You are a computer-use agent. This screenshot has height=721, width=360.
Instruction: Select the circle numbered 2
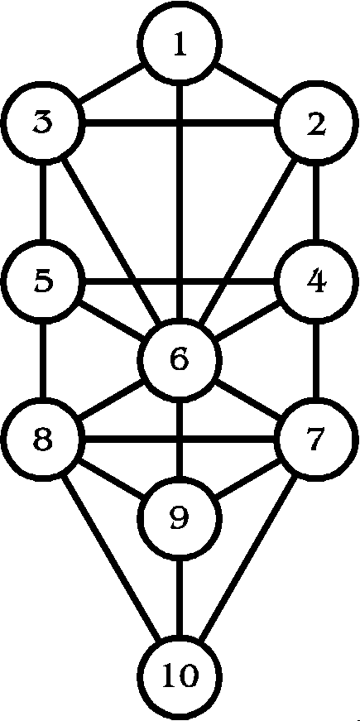(x=316, y=124)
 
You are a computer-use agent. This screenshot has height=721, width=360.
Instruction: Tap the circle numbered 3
(x=43, y=124)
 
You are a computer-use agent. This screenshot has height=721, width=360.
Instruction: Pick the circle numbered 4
(x=316, y=281)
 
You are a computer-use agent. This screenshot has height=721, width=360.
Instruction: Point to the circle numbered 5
(x=43, y=281)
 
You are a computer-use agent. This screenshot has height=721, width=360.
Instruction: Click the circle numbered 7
(x=316, y=439)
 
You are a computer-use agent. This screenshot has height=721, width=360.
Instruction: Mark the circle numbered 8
(x=43, y=439)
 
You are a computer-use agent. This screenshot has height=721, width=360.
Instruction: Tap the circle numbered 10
(x=180, y=675)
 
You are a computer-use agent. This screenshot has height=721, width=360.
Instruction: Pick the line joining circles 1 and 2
(x=248, y=84)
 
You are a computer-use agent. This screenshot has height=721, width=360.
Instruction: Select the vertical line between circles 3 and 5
(x=43, y=202)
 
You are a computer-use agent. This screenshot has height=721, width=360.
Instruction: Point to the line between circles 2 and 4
(x=316, y=202)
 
